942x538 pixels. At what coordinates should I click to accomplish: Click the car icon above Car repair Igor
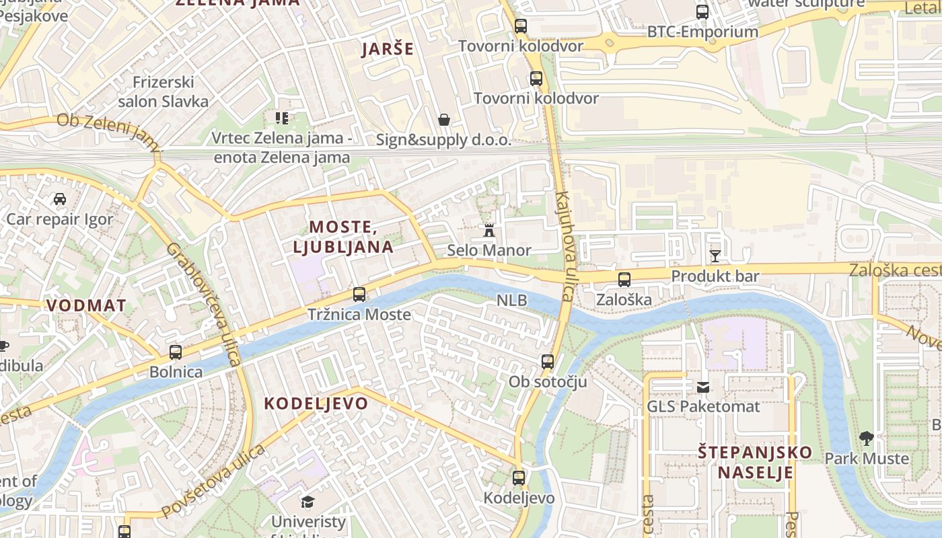click(60, 199)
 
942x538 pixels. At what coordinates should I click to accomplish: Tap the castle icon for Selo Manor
click(489, 230)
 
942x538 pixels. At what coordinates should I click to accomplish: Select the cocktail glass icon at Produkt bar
click(715, 256)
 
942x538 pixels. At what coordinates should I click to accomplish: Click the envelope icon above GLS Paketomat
click(703, 387)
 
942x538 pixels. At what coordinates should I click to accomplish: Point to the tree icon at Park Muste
click(867, 438)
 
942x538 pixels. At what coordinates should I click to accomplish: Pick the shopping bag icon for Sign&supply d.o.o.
click(444, 120)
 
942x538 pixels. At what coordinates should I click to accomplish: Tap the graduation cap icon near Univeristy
click(307, 502)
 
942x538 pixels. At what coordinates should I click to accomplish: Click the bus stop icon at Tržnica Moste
click(359, 295)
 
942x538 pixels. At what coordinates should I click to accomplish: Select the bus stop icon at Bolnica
click(176, 352)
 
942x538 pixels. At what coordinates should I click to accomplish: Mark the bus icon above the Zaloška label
click(624, 280)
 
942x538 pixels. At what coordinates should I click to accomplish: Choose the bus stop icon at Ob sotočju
click(548, 362)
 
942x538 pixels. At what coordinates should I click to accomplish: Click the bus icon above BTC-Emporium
click(702, 11)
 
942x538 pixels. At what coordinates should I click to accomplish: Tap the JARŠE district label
click(388, 49)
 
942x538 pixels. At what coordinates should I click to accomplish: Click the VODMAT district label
click(85, 305)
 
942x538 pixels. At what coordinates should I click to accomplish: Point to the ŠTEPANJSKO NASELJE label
click(754, 462)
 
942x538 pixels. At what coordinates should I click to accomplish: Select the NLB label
click(512, 301)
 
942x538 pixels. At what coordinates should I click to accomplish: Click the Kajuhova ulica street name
click(564, 246)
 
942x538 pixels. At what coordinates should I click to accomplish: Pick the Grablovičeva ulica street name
click(204, 305)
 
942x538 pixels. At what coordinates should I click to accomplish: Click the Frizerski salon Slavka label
click(164, 92)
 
